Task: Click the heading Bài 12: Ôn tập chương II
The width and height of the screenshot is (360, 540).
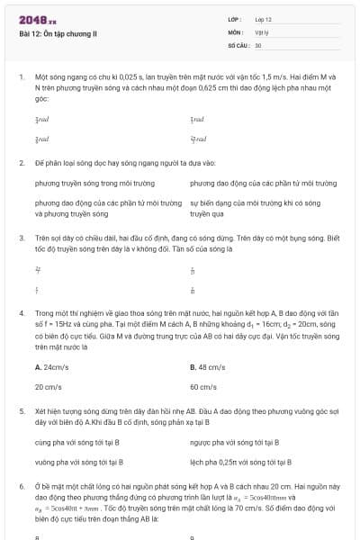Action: [x=58, y=33]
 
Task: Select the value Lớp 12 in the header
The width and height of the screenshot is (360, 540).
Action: [x=263, y=19]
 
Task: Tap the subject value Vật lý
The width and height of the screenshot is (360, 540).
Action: [x=261, y=31]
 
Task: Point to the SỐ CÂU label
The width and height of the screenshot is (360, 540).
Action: [x=238, y=44]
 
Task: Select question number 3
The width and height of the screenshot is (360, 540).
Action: [x=20, y=238]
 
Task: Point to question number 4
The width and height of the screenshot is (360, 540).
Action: [x=20, y=311]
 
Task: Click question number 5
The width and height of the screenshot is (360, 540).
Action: [x=20, y=409]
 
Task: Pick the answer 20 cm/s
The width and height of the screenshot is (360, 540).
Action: [x=49, y=386]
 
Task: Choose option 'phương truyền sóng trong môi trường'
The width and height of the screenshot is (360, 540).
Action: [x=90, y=184]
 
